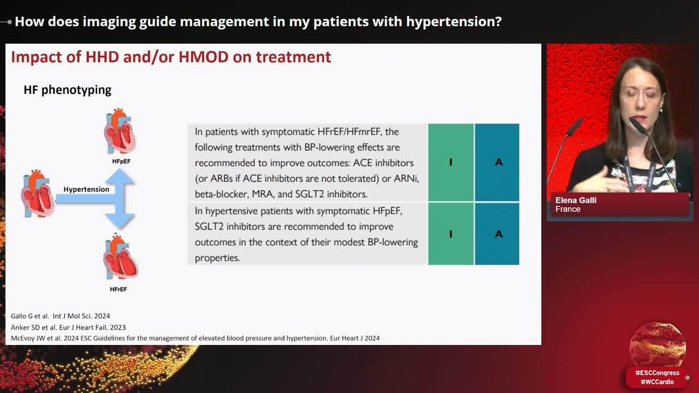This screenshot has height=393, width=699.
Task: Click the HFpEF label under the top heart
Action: tap(121, 162)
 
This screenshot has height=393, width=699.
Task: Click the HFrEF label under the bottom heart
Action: tap(119, 289)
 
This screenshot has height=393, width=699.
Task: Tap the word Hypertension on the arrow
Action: tap(86, 189)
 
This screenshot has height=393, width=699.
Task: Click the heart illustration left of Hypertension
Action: tap(38, 193)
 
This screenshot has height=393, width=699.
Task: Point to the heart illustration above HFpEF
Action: tap(120, 132)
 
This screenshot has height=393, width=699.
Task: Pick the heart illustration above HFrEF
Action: tap(120, 258)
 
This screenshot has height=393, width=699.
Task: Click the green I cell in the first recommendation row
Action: tap(451, 162)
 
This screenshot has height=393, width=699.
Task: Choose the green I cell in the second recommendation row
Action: tap(451, 234)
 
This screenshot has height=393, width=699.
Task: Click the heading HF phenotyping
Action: tap(67, 90)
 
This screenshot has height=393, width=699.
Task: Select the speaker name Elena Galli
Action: tap(576, 200)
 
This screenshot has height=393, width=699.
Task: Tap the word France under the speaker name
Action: tap(567, 209)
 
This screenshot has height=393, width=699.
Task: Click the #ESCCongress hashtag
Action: tap(657, 373)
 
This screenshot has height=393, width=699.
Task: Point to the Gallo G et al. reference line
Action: tap(60, 316)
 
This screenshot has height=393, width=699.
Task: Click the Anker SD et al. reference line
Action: tap(68, 327)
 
